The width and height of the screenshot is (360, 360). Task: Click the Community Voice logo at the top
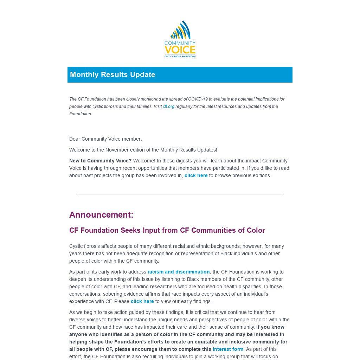click(180, 39)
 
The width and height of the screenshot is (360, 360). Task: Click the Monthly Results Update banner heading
click(112, 75)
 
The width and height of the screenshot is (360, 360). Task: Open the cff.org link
click(168, 107)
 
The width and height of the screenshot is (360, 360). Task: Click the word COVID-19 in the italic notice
click(198, 99)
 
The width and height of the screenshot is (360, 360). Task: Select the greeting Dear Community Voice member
click(105, 139)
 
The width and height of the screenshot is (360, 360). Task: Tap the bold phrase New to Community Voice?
click(100, 161)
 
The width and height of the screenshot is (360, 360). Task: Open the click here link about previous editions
click(196, 175)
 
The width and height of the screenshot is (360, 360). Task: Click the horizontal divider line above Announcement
click(180, 194)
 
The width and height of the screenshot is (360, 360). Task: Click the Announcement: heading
click(101, 215)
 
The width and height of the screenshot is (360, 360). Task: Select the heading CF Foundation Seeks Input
click(167, 230)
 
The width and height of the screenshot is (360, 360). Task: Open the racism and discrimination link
click(179, 272)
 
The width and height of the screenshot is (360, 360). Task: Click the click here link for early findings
click(142, 301)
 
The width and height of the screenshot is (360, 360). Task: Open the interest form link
click(228, 349)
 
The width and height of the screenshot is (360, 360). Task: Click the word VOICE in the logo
click(180, 50)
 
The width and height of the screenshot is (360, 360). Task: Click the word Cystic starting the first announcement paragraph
click(76, 246)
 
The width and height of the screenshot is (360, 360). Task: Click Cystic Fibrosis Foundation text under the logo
click(180, 56)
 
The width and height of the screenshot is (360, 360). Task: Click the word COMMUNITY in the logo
click(180, 43)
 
